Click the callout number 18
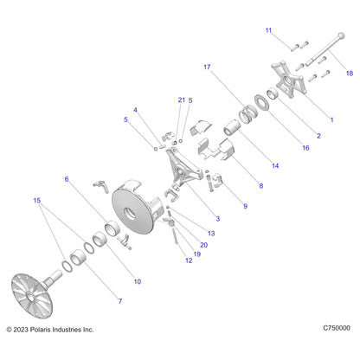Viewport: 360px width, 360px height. coord(350,74)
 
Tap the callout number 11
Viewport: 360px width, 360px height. coord(268,30)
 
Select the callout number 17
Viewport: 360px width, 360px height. coord(207,67)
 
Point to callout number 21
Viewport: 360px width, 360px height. coord(182,100)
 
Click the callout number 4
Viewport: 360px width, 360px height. coord(135,110)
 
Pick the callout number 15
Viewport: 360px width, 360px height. coord(37,200)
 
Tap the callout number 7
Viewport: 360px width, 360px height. coord(120,301)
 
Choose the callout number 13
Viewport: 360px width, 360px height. coord(211,233)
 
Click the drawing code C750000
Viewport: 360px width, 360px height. coord(337,328)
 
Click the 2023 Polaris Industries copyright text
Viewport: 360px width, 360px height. coord(50,330)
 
